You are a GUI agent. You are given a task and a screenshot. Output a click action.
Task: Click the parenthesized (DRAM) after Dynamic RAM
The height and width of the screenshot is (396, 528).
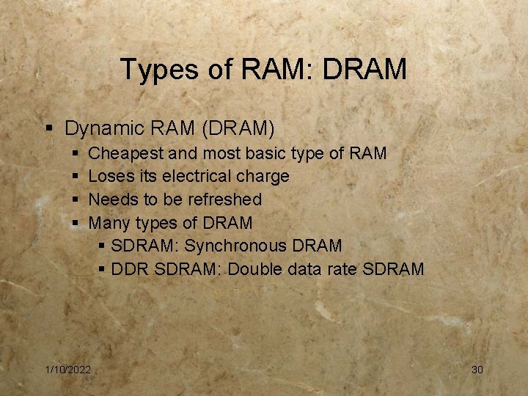pyautogui.click(x=235, y=129)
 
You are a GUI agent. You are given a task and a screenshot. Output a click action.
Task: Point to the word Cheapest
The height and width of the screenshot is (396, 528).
pyautogui.click(x=125, y=154)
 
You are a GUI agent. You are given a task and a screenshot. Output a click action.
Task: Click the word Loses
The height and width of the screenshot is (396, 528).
pyautogui.click(x=109, y=177)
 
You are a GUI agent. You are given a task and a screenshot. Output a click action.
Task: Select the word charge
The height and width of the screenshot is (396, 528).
pyautogui.click(x=262, y=177)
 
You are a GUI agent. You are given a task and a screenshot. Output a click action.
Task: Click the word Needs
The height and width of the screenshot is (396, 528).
pyautogui.click(x=110, y=199)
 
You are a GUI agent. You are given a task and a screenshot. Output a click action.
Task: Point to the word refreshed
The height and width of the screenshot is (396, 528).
pyautogui.click(x=224, y=199)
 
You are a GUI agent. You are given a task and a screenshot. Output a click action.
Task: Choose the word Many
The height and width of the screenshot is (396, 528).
pyautogui.click(x=107, y=223)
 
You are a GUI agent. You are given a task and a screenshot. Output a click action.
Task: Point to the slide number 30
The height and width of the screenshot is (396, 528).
pyautogui.click(x=477, y=370)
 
